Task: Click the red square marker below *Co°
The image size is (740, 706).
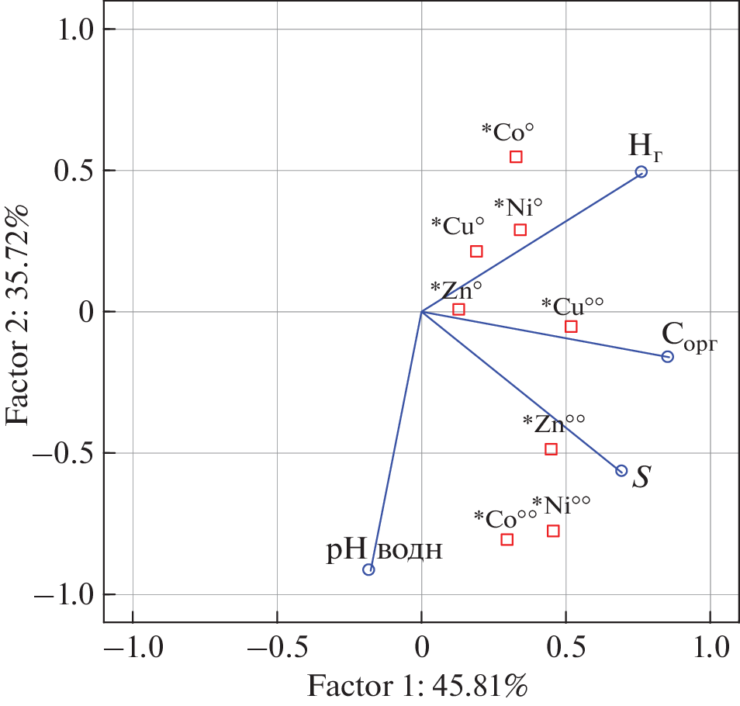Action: click(516, 157)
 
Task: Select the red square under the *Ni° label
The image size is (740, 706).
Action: click(520, 230)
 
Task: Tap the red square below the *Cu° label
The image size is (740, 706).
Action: click(476, 251)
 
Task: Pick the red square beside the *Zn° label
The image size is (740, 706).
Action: click(458, 309)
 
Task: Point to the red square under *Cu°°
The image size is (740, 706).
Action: click(571, 327)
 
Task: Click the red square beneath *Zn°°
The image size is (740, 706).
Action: click(551, 449)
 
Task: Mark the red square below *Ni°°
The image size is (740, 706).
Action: click(553, 531)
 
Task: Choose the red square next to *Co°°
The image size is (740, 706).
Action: click(507, 539)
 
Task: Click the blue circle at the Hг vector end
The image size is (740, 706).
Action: click(641, 172)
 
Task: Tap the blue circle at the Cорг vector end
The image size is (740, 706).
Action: click(667, 357)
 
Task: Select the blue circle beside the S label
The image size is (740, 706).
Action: click(621, 471)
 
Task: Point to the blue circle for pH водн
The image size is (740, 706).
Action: click(369, 569)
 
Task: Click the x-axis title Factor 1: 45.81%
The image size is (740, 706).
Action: click(418, 686)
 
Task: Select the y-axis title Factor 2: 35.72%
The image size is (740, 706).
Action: click(19, 314)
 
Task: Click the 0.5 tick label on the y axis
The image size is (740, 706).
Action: click(75, 171)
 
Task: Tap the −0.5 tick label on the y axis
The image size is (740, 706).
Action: click(65, 453)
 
